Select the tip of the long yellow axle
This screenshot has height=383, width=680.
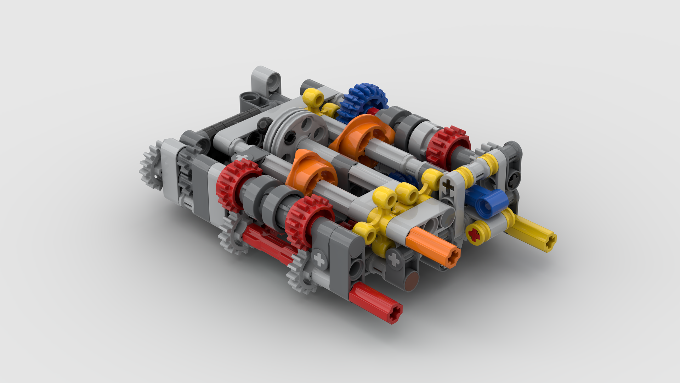click(549, 243)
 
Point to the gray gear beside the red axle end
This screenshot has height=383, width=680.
click(301, 271)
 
